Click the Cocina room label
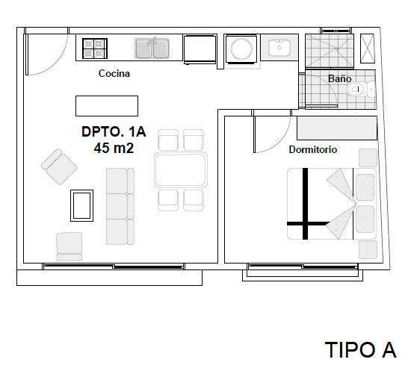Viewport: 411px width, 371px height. [114, 73]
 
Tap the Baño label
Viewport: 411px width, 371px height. [339, 78]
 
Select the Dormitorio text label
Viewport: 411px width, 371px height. [312, 149]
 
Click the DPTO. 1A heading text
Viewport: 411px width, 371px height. [114, 131]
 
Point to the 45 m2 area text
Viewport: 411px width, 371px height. [114, 149]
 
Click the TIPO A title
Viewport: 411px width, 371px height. [361, 349]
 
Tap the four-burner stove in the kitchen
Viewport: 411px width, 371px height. [95, 49]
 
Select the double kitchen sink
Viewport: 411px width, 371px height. [152, 49]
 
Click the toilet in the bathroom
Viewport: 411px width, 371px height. [361, 90]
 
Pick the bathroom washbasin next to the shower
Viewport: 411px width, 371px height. [279, 47]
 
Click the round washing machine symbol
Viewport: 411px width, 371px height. [241, 49]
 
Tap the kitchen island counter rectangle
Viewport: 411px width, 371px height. [107, 106]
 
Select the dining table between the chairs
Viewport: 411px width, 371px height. [181, 170]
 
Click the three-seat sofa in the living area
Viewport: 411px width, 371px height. [120, 206]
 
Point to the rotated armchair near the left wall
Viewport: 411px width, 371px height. [59, 166]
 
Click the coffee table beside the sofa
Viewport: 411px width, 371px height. [81, 205]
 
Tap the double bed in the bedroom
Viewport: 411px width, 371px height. [332, 204]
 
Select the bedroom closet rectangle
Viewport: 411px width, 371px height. [337, 128]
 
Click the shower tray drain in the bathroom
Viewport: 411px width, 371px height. [338, 49]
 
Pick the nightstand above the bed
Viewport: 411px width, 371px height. [368, 158]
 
